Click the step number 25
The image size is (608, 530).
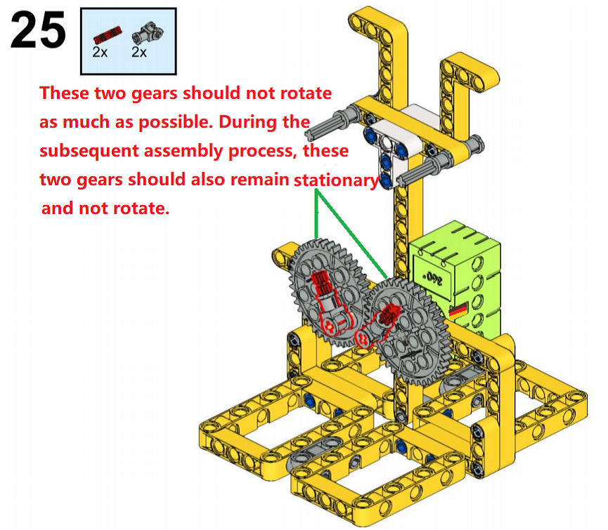pyautogui.click(x=38, y=29)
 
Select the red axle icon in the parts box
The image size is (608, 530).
pyautogui.click(x=108, y=35)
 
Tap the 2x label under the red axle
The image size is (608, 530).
pyautogui.click(x=100, y=52)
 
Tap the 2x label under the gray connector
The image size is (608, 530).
pyautogui.click(x=138, y=52)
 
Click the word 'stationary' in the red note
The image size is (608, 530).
pyautogui.click(x=336, y=180)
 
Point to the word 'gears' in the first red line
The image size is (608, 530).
pyautogui.click(x=157, y=94)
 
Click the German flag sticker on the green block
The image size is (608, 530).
pyautogui.click(x=458, y=311)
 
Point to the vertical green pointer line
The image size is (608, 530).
pyautogui.click(x=317, y=213)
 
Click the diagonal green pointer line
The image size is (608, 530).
pyautogui.click(x=351, y=234)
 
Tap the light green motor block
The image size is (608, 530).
pyautogui.click(x=455, y=279)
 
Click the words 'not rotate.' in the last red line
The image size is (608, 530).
pyautogui.click(x=124, y=208)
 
